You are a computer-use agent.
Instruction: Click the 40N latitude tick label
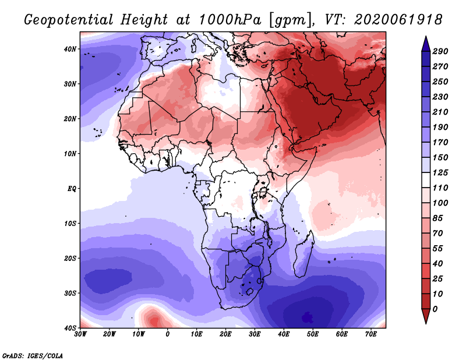[70, 49]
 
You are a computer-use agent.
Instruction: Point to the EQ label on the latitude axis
[71, 189]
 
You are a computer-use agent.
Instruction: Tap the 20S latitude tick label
[70, 258]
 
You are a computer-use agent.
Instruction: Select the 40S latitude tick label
[70, 327]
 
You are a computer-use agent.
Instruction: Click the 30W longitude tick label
[80, 334]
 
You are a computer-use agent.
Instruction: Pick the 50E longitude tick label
[312, 334]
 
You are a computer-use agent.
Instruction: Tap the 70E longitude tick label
[370, 334]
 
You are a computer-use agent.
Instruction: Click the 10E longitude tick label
[196, 334]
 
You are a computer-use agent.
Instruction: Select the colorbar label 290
[440, 51]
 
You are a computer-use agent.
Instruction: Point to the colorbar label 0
[436, 308]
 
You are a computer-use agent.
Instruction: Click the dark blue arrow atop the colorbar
[425, 42]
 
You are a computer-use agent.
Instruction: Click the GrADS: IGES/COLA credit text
[32, 355]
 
